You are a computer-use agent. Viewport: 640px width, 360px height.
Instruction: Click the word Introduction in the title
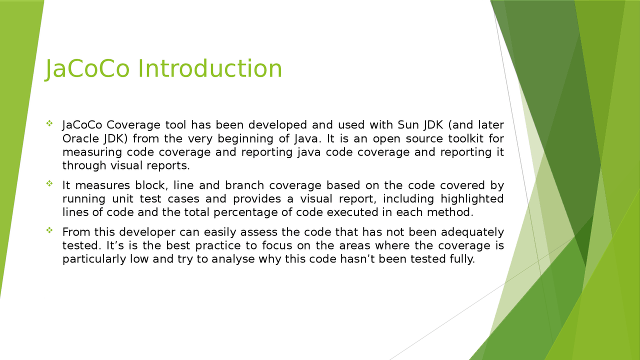coord(210,68)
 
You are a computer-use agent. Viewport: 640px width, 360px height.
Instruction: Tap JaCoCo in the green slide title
coord(87,68)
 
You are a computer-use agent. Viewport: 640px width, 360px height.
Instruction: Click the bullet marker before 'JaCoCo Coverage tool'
coord(49,123)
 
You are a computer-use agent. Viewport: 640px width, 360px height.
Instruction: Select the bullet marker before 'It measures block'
coord(49,183)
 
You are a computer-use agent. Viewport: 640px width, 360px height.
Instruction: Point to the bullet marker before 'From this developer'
coord(49,230)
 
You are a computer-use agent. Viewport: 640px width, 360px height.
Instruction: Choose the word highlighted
coord(472,199)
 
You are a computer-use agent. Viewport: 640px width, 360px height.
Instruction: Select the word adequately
coord(472,232)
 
